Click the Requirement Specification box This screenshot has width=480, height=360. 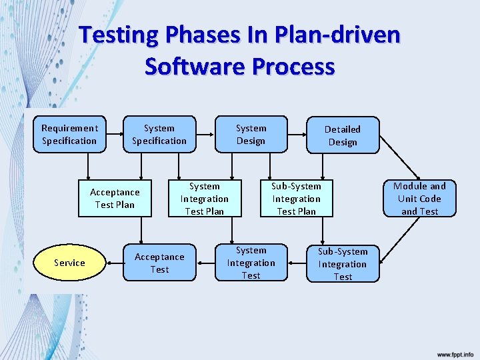[69, 134]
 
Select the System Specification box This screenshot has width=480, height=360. [159, 134]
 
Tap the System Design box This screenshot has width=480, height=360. [251, 134]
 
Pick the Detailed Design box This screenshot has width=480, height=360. [343, 135]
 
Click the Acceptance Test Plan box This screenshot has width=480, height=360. [115, 198]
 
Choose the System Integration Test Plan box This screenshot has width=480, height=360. [205, 199]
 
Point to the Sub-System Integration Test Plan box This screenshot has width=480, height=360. [296, 199]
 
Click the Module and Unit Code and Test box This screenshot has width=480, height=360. [419, 199]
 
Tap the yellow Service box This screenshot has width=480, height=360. [69, 263]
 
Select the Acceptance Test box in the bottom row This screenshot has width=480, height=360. [159, 263]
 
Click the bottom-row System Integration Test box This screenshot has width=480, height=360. [251, 263]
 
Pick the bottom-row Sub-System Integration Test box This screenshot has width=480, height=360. [343, 263]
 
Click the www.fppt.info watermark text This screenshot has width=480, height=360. [455, 354]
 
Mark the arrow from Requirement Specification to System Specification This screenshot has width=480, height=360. [115, 134]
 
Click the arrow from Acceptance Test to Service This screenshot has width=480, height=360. [114, 263]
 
